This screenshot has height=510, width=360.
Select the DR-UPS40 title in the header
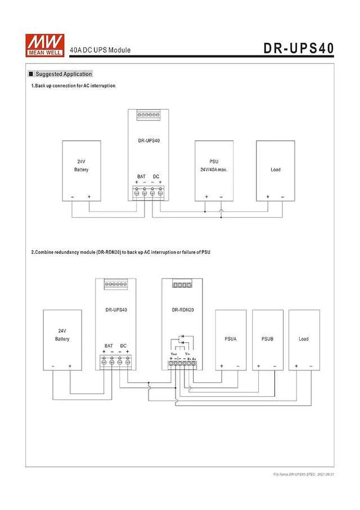[x=299, y=48]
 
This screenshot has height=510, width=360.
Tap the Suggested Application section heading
[x=63, y=74]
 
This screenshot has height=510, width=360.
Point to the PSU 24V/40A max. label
[x=214, y=165]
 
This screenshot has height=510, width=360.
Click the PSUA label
[x=231, y=339]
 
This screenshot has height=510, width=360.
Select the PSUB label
[x=267, y=339]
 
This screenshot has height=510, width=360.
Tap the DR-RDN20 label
[x=182, y=310]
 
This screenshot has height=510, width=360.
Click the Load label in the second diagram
[x=304, y=339]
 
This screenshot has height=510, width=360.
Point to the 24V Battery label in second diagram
[x=62, y=335]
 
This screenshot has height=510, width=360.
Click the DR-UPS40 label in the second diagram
[x=116, y=310]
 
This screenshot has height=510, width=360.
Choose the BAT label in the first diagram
[x=141, y=177]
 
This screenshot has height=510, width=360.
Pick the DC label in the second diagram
[x=123, y=346]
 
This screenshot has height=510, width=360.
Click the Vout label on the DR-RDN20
[x=174, y=354]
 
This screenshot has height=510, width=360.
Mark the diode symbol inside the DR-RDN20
[x=182, y=339]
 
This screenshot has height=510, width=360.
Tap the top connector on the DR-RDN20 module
[x=182, y=285]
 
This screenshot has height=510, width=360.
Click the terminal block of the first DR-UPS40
[x=148, y=193]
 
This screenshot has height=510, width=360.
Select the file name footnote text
[x=304, y=475]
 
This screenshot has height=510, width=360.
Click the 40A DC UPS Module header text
[x=100, y=50]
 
